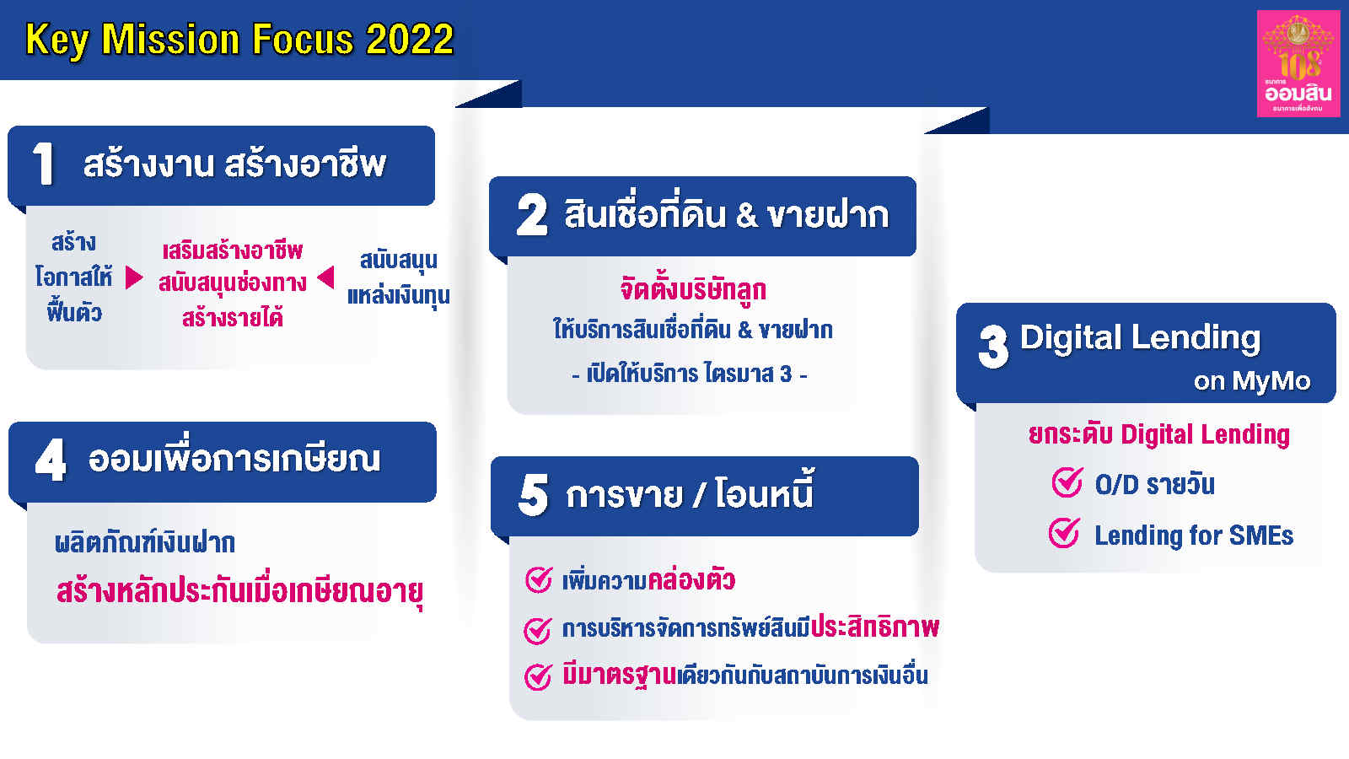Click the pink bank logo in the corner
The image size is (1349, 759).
coord(1298,63)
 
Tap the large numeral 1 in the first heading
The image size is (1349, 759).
coord(43,164)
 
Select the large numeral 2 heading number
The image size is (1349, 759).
coord(532,215)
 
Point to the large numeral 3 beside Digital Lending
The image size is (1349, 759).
coord(993,347)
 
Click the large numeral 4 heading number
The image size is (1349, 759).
coord(51,460)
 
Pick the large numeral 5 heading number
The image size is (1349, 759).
coord(533,495)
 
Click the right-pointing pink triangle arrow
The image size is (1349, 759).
coord(133,277)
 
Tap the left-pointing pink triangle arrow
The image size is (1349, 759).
coord(325,277)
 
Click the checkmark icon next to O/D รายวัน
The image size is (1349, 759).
coord(1067,482)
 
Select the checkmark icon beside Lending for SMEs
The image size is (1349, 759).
coord(1064,533)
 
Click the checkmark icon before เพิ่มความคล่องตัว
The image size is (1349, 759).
coord(538,579)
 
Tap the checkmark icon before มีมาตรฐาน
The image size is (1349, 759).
coord(538,676)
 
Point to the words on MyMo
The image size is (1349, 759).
coord(1251,381)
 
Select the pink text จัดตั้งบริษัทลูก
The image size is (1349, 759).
coord(692,290)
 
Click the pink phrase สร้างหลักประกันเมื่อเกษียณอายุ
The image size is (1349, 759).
coord(239,591)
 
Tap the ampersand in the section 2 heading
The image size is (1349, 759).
coord(746,216)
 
